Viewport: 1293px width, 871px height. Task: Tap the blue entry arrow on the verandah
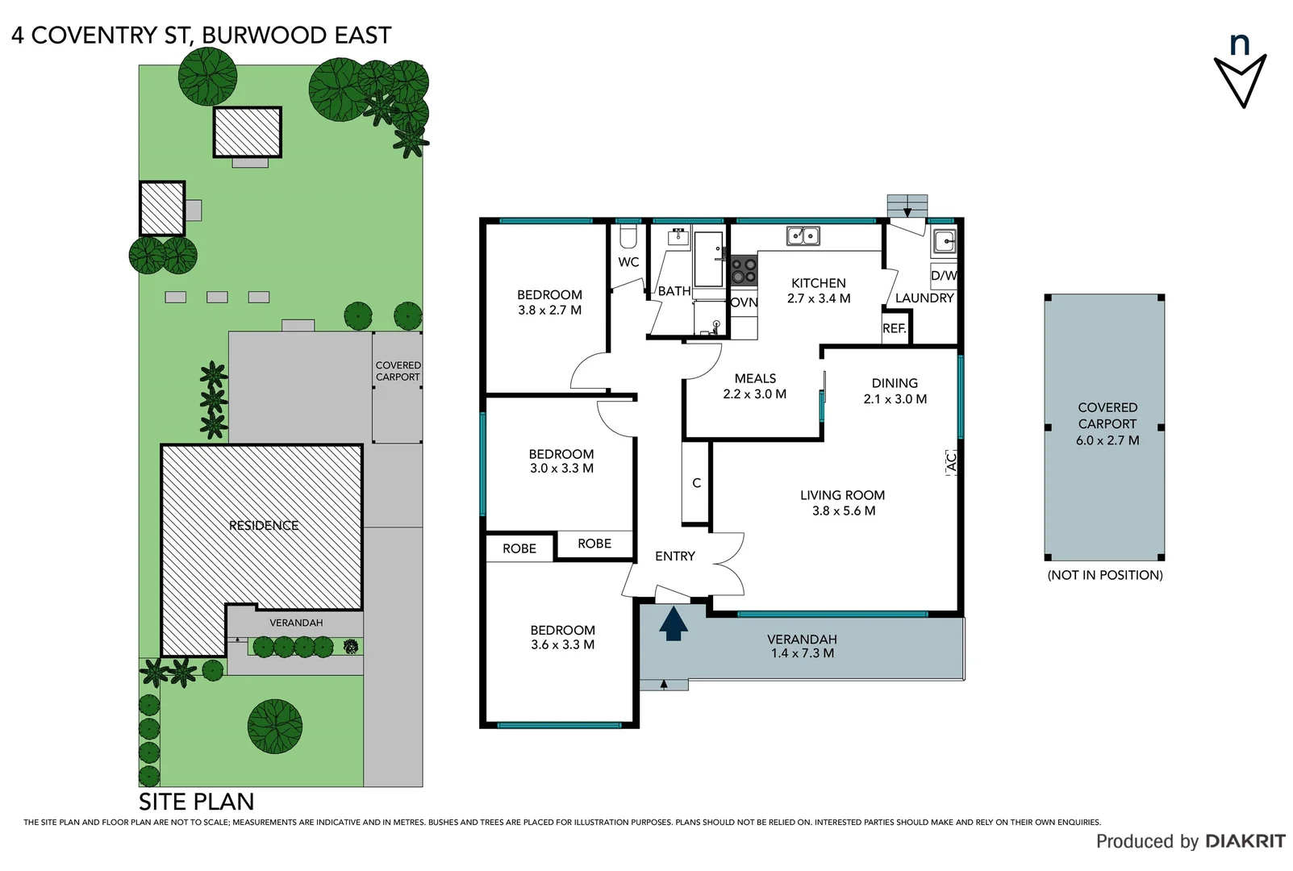673,623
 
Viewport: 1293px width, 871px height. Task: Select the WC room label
628,262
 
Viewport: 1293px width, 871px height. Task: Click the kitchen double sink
803,235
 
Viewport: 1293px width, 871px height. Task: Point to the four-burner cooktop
744,270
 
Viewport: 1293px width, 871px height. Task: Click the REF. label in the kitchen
894,328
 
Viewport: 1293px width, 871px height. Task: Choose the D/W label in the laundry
943,275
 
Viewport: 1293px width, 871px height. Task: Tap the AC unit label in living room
950,462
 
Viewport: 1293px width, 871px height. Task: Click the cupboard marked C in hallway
696,482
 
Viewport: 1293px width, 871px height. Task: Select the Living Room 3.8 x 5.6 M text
843,502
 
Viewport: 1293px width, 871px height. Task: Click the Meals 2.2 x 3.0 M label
754,386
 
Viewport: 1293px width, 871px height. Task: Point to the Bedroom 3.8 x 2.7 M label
549,302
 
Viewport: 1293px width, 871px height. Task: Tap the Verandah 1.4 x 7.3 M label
802,646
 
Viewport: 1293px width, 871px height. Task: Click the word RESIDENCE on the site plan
264,525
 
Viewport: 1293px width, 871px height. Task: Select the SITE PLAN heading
196,802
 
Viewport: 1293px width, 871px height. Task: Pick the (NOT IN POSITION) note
1104,575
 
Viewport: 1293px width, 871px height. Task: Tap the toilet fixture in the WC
628,237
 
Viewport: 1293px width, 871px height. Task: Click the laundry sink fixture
944,241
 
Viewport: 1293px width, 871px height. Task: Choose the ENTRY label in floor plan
674,556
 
